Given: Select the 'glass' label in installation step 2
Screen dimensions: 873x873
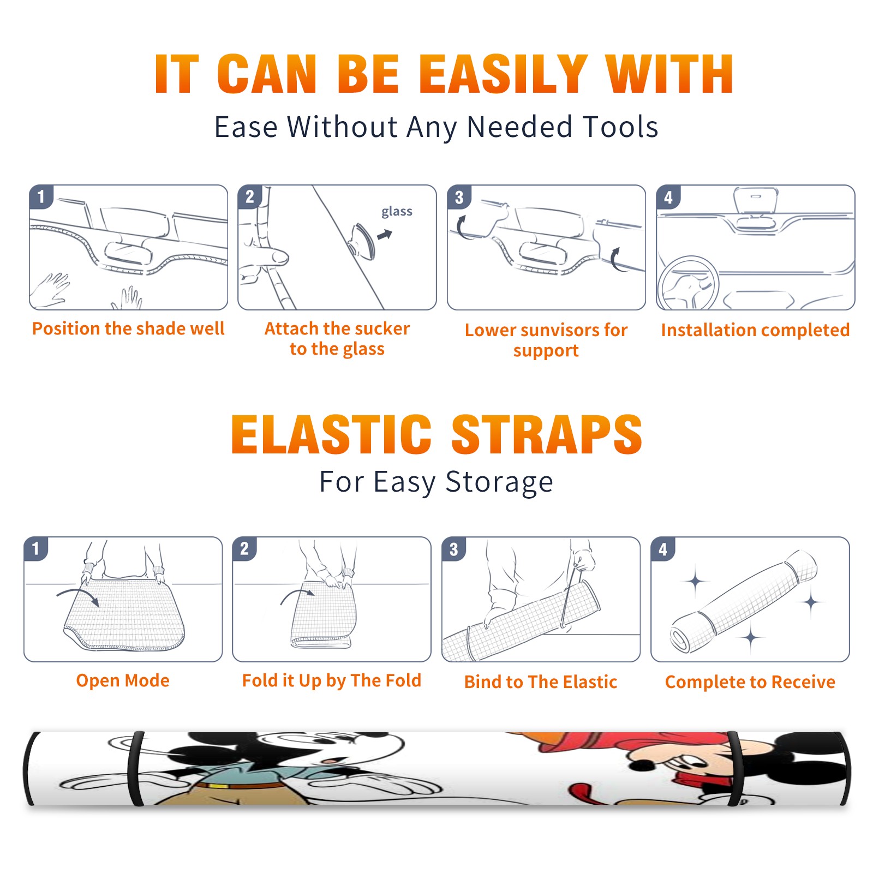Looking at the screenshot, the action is [397, 212].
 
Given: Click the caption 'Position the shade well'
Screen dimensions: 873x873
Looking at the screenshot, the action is [128, 328].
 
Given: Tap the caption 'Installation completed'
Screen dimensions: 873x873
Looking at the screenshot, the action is [755, 330].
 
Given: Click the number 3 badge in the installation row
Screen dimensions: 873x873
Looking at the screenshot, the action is [459, 198].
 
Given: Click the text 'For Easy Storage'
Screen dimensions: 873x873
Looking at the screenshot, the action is [436, 482].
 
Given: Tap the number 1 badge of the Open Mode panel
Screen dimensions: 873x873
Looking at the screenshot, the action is [35, 549].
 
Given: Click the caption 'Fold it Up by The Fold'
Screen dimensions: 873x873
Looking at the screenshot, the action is [332, 680].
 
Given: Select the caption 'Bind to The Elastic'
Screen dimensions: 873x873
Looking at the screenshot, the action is [541, 682].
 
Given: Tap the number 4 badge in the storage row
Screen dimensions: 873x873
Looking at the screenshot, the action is [662, 549].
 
